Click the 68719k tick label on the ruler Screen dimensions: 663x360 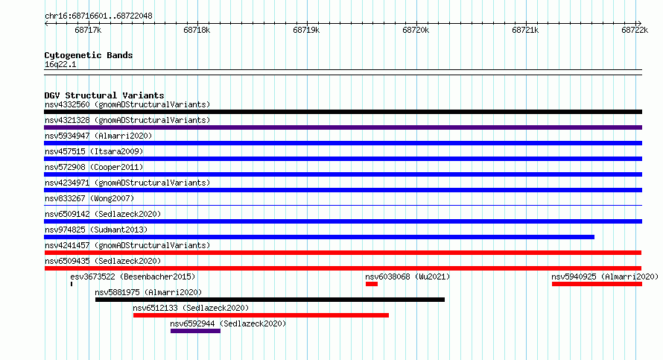click(306, 30)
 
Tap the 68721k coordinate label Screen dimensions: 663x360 click(525, 30)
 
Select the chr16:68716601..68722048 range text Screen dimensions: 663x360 click(98, 16)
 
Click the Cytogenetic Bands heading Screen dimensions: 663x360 click(89, 55)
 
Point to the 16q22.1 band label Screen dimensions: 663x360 click(60, 64)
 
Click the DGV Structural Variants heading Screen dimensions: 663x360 click(104, 95)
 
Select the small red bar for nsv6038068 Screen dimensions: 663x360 click(372, 284)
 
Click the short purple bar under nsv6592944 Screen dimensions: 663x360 click(195, 331)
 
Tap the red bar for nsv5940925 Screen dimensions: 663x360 click(597, 284)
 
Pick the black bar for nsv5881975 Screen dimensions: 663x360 click(270, 300)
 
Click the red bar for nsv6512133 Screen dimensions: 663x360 click(261, 315)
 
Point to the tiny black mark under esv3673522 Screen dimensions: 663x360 click(72, 284)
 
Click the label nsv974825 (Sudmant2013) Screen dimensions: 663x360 click(96, 230)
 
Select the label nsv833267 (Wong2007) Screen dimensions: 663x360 click(89, 198)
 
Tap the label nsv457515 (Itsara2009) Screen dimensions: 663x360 click(94, 151)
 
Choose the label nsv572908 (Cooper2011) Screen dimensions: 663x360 click(94, 167)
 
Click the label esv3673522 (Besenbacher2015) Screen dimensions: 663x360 click(133, 277)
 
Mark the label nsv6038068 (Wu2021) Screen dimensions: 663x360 click(407, 277)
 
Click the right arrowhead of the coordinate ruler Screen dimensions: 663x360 click(640, 24)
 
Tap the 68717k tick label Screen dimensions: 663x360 click(88, 30)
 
